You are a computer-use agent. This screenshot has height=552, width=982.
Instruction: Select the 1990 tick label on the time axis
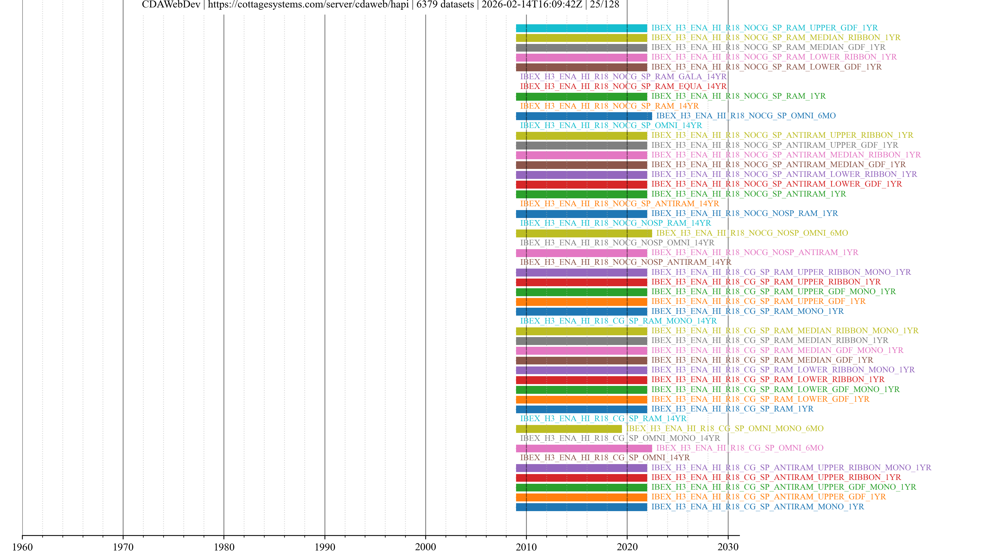tap(325, 547)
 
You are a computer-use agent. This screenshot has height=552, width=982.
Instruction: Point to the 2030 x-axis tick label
tap(728, 547)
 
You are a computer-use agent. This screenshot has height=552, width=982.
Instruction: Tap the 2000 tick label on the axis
tap(426, 547)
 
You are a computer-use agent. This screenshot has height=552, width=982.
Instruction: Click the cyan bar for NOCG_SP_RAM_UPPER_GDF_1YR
tap(581, 28)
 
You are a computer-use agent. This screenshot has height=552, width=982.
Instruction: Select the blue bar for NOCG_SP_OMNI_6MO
tap(584, 116)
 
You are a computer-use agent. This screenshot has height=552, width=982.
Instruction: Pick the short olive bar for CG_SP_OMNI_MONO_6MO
tap(569, 429)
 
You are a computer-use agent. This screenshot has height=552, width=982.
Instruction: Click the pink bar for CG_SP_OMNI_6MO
tap(584, 448)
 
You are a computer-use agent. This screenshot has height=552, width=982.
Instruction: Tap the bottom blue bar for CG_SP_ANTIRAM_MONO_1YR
tap(581, 507)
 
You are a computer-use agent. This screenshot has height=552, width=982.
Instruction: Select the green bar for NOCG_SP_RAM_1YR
tap(581, 96)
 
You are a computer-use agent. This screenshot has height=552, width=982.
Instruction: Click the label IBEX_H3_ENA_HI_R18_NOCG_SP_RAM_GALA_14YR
tap(623, 77)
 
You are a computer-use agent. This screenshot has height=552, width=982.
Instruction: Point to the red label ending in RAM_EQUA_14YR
tap(623, 86)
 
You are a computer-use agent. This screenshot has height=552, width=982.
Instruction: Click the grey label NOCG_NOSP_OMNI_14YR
tap(617, 243)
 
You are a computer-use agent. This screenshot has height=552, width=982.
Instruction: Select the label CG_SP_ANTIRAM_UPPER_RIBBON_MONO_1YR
tap(791, 467)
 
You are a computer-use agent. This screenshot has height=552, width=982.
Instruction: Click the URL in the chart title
tap(308, 5)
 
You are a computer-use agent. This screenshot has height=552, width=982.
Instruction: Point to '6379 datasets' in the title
tap(445, 5)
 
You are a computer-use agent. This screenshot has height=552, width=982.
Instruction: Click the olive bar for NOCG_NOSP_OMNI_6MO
tap(584, 233)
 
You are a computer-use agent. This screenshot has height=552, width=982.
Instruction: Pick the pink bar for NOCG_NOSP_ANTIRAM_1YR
tap(581, 252)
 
